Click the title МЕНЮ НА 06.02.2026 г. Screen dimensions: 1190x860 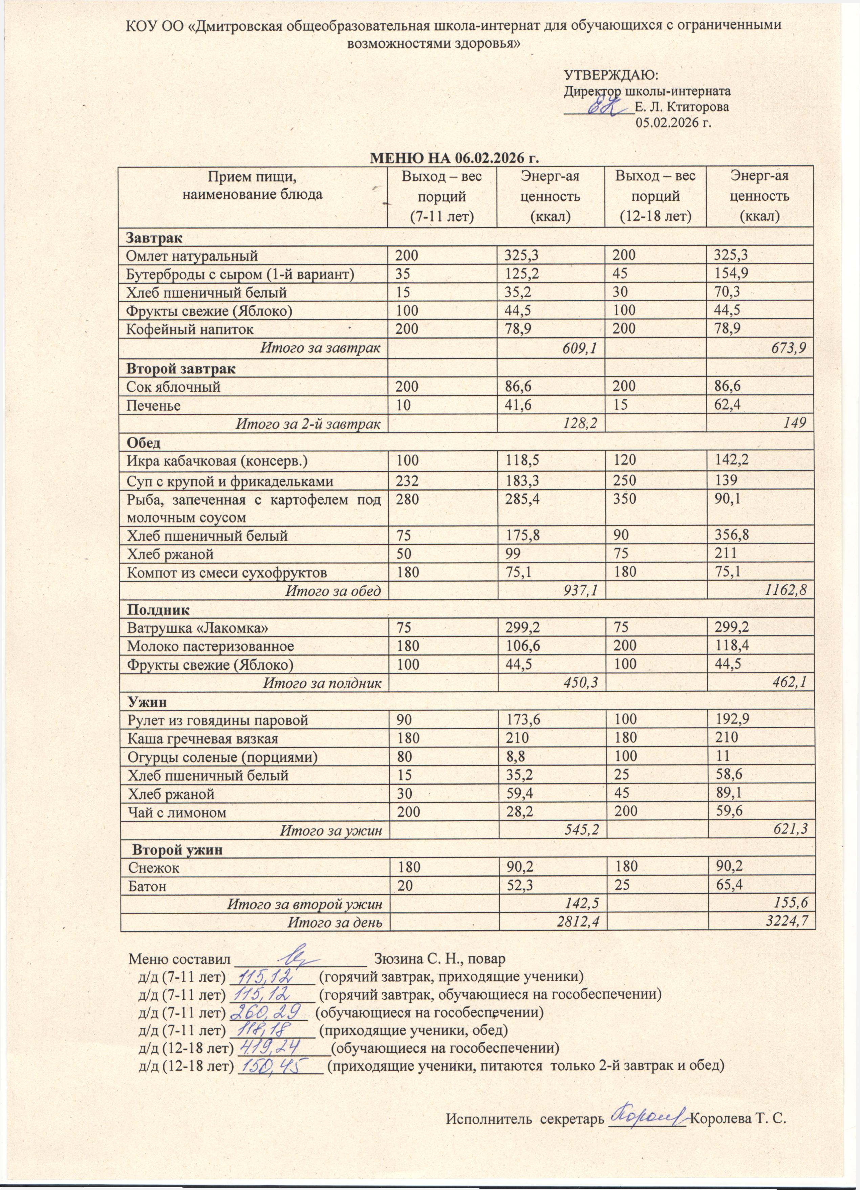click(x=455, y=158)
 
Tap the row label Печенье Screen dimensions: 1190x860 click(x=154, y=406)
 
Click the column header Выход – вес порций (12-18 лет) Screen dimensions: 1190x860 click(x=655, y=196)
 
